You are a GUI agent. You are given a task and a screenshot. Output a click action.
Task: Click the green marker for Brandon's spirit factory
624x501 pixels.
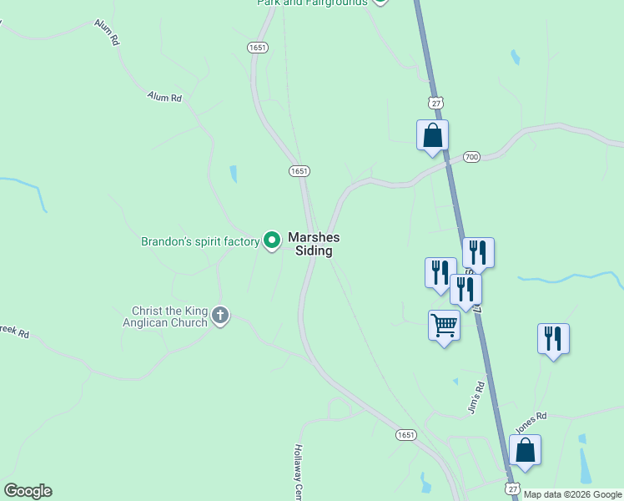[271, 240]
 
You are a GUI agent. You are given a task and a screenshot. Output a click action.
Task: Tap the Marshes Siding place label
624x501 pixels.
[314, 244]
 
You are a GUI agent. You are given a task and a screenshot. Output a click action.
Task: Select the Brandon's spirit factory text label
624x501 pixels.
[200, 242]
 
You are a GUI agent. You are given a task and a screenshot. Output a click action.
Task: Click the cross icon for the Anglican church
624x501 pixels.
[219, 315]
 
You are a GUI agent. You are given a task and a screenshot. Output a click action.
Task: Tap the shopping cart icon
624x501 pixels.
[444, 324]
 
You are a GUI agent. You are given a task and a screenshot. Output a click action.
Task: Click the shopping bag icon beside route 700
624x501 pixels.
[432, 134]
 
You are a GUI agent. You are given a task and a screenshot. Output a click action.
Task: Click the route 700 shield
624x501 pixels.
[471, 156]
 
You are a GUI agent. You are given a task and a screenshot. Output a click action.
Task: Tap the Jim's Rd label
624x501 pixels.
[477, 399]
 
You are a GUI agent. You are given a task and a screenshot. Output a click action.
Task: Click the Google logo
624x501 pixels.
[28, 491]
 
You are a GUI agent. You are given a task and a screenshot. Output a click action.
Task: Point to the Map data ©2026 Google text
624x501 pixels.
[572, 494]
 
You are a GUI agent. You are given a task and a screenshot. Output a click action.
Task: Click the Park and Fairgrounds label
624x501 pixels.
[312, 3]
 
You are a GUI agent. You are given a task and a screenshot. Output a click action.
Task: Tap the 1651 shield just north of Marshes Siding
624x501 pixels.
[299, 170]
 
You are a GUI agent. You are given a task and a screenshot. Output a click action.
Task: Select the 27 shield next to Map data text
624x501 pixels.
[511, 486]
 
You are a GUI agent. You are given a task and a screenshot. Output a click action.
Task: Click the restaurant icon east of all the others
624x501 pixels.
[553, 338]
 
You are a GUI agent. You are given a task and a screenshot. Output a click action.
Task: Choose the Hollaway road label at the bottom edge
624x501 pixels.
[297, 472]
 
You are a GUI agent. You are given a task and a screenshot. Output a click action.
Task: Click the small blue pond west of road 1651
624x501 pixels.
[234, 174]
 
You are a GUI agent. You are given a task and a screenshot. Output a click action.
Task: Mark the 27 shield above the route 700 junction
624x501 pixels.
[435, 103]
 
